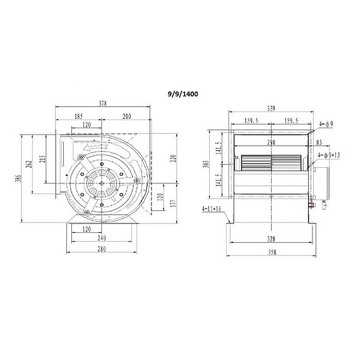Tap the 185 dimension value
(x=79, y=116)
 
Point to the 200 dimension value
(x=126, y=116)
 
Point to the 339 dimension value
(x=271, y=108)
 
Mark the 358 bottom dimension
(x=271, y=252)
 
